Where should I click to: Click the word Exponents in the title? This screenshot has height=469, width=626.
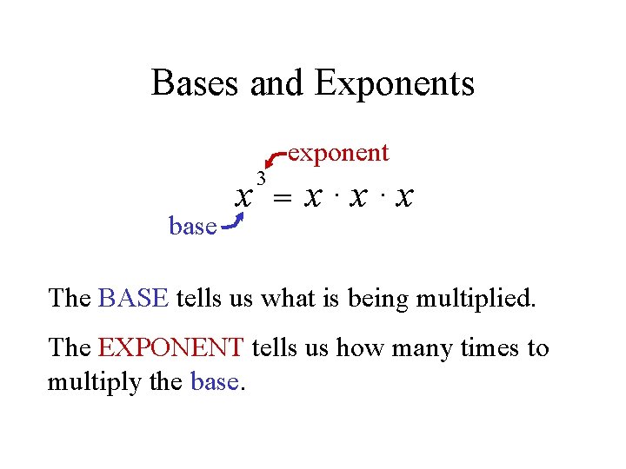[x=395, y=83]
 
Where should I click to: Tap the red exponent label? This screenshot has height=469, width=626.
[x=338, y=153]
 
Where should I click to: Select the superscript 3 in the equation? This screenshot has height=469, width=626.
[x=261, y=178]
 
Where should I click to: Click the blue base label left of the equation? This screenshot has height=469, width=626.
[x=192, y=227]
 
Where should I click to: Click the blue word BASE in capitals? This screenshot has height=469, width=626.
[x=133, y=298]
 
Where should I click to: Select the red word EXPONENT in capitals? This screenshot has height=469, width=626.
[x=170, y=348]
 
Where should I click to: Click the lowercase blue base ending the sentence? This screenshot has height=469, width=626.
[x=212, y=381]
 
